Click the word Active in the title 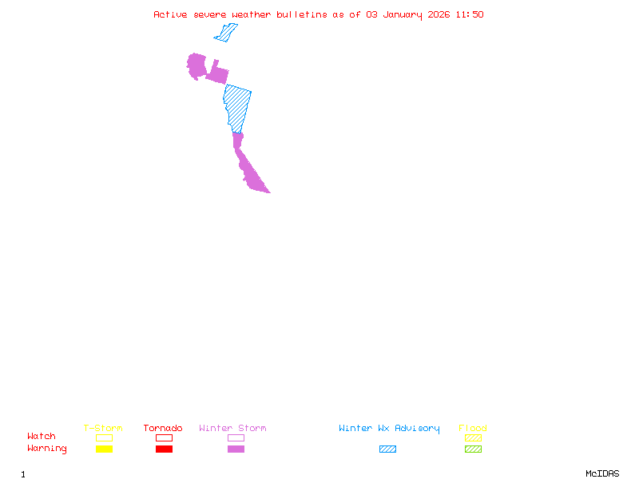pos(170,14)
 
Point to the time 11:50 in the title pos(470,14)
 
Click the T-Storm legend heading pos(103,429)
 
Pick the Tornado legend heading pos(163,429)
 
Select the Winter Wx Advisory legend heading pos(389,429)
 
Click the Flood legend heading pos(473,429)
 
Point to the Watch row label pos(42,437)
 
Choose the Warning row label pos(47,449)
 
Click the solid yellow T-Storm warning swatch pos(104,449)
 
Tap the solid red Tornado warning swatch pos(164,449)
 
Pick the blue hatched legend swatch pos(387,449)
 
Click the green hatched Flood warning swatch pos(473,449)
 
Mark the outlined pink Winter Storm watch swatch pos(236,438)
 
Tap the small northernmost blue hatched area pos(227,33)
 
